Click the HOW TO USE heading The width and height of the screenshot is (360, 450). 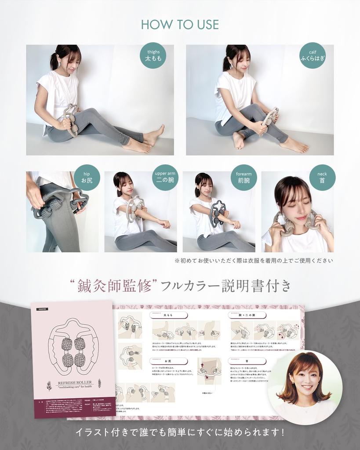tap(180, 24)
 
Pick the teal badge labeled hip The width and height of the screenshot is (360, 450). tap(87, 177)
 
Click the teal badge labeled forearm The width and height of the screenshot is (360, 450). tap(244, 177)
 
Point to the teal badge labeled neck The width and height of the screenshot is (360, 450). tap(322, 177)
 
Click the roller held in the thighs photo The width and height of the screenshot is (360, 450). tap(71, 119)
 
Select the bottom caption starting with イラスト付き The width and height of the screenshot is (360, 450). tap(180, 432)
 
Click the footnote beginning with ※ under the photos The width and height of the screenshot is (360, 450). tap(254, 260)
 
